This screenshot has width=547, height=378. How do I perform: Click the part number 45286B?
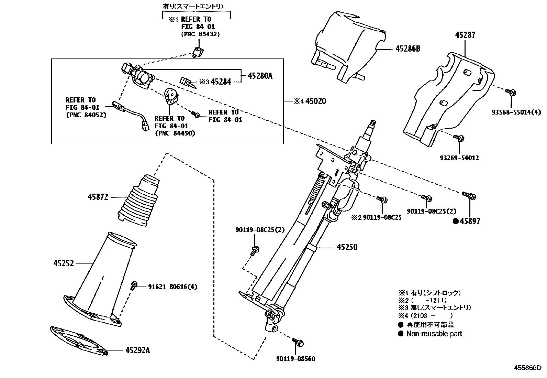tap(408, 49)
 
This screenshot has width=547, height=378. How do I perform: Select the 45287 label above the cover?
tap(466, 35)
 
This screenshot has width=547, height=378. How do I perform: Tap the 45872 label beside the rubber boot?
tap(98, 197)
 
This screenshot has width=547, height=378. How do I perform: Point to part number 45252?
tap(64, 264)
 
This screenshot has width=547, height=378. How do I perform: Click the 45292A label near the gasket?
tap(137, 350)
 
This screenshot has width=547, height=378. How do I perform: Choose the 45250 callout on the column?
tap(347, 247)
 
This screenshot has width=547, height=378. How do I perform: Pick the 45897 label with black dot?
tap(470, 221)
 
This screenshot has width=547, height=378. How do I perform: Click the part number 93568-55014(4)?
tap(516, 112)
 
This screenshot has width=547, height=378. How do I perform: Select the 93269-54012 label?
tap(459, 158)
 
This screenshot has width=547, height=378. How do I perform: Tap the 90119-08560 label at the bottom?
tap(295, 359)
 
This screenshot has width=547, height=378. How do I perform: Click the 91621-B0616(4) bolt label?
tap(173, 287)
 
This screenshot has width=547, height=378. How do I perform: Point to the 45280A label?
tap(259, 76)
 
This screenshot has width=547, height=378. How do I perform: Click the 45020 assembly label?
tap(315, 101)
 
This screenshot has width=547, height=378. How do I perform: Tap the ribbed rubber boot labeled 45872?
tap(137, 201)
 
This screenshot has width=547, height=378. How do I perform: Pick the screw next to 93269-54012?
tap(459, 138)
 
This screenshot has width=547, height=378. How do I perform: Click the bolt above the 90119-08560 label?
tap(298, 342)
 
